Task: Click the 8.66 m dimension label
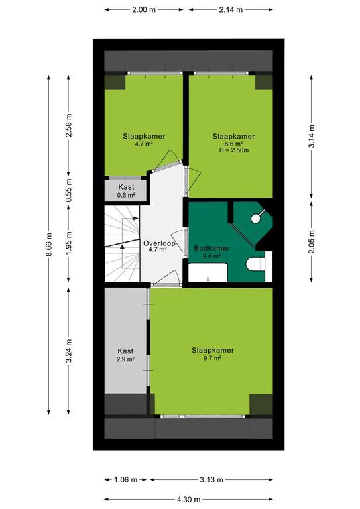[x=48, y=245]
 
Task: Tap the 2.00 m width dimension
[x=144, y=10]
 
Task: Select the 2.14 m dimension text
[x=231, y=10]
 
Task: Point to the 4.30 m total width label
[x=188, y=499]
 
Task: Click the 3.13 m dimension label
[x=211, y=479]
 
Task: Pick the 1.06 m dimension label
[x=125, y=479]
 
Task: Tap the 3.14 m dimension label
[x=312, y=137]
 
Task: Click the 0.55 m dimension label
[x=68, y=191]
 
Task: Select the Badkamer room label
[x=211, y=248]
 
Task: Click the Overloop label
[x=159, y=243]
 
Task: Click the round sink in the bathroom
[x=255, y=218]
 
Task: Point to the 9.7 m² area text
[x=212, y=358]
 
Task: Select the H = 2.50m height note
[x=234, y=150]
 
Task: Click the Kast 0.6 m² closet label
[x=126, y=191]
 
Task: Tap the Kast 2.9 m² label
[x=125, y=355]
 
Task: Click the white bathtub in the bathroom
[x=208, y=272]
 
